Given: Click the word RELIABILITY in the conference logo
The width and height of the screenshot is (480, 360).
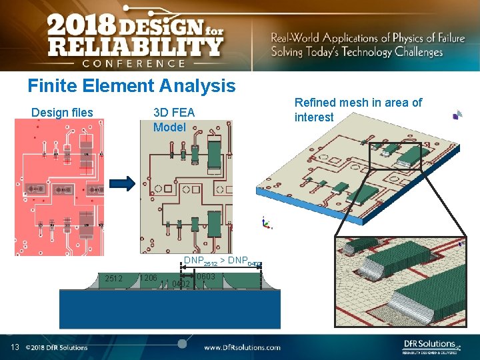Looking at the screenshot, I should tap(134, 47).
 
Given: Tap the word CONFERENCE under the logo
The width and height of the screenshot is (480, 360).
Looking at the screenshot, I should tap(134, 63).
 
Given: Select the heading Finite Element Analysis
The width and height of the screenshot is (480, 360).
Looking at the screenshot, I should tap(131, 85).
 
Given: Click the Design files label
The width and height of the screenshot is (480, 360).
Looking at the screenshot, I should tap(62, 113).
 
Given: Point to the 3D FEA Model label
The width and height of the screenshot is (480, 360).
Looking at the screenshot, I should tap(173, 119).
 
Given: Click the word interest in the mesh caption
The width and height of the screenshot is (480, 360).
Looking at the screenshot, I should tap(313, 117).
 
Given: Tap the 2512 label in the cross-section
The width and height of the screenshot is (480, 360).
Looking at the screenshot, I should tap(113, 278).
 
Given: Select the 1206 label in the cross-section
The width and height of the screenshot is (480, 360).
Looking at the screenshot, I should tap(148, 277).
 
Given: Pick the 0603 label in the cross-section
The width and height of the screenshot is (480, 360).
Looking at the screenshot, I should tap(205, 277).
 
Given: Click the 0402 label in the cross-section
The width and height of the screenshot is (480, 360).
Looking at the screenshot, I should tap(181, 284).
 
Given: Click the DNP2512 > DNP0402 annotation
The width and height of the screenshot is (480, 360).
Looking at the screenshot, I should tap(221, 261).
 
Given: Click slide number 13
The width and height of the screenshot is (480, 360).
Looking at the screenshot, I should tap(15, 347).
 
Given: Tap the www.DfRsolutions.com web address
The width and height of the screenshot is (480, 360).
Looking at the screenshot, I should tap(242, 347).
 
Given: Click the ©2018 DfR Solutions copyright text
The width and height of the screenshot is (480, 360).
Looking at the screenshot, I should tap(57, 347).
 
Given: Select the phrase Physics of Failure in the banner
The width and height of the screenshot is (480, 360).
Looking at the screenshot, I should tap(419, 38).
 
